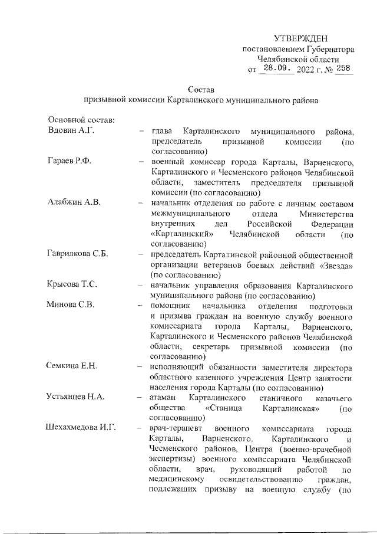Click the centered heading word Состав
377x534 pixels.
[201, 89]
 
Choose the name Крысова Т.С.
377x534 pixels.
[72, 285]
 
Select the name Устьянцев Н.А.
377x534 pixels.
[76, 397]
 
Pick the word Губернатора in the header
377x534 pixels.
[325, 49]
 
